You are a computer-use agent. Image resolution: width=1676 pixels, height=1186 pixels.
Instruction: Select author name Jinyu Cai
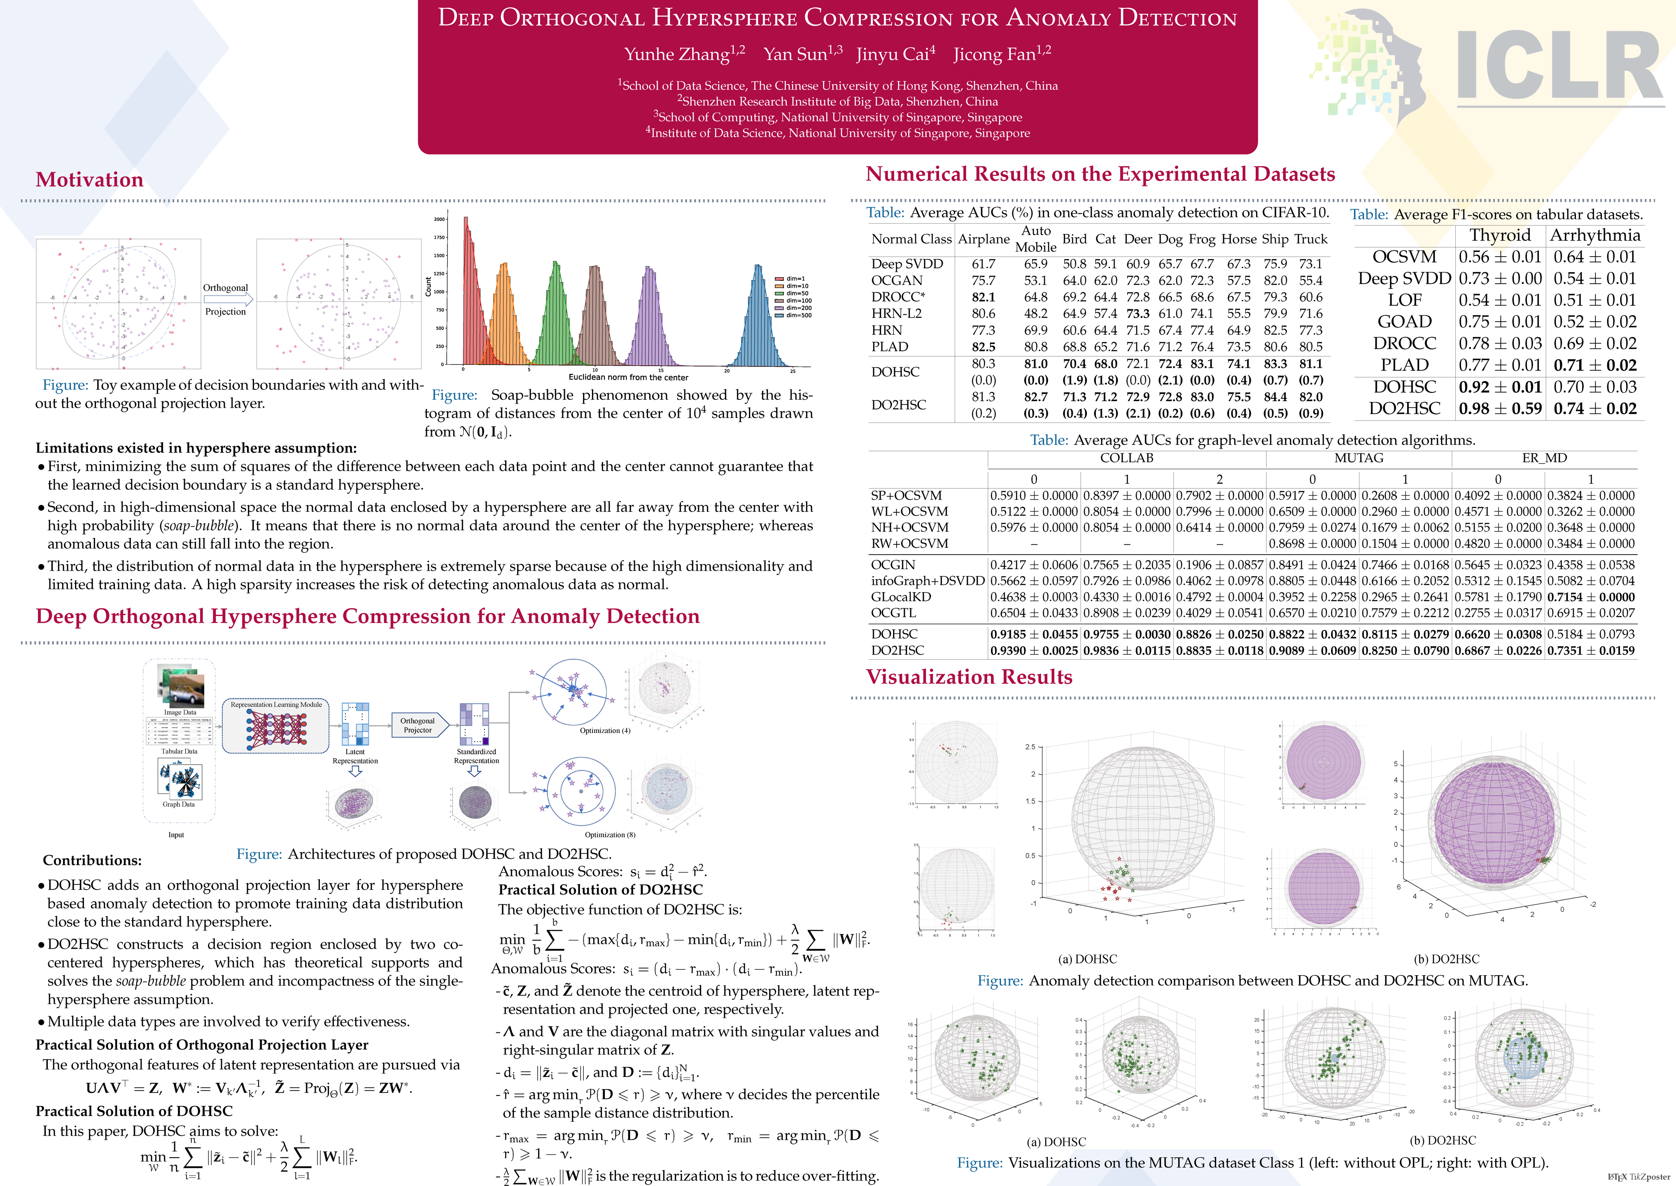tap(895, 54)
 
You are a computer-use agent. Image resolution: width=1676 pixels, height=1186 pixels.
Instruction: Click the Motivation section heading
tap(89, 180)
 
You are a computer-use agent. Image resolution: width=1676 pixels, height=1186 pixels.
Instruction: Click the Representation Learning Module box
tap(276, 725)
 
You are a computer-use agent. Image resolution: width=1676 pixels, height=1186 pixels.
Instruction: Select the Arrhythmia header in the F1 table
tap(1595, 235)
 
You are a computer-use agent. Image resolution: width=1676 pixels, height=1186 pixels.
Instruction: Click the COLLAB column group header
tap(1126, 458)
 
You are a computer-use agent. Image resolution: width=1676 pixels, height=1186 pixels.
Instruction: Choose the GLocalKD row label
tap(901, 597)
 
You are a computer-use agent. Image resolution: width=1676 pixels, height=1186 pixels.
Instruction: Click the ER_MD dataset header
tap(1544, 458)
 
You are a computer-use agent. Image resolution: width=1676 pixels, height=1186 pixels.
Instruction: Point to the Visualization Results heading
tap(969, 677)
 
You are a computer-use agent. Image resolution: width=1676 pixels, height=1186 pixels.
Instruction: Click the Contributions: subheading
tap(92, 860)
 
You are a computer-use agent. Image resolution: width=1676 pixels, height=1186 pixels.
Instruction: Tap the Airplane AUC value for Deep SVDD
tap(983, 264)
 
